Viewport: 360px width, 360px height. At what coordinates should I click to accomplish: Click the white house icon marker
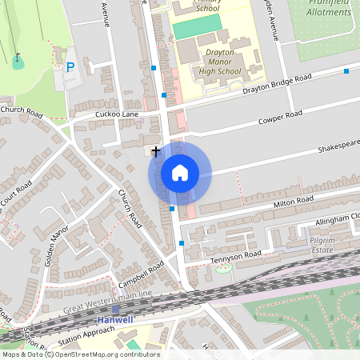click(x=180, y=173)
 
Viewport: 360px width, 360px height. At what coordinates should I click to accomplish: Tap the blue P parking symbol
click(x=70, y=68)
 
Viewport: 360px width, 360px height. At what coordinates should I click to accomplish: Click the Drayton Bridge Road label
click(x=276, y=84)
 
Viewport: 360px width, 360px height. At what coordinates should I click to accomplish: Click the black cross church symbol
click(x=155, y=150)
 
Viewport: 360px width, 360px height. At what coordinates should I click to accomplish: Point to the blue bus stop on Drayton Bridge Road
click(x=346, y=71)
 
